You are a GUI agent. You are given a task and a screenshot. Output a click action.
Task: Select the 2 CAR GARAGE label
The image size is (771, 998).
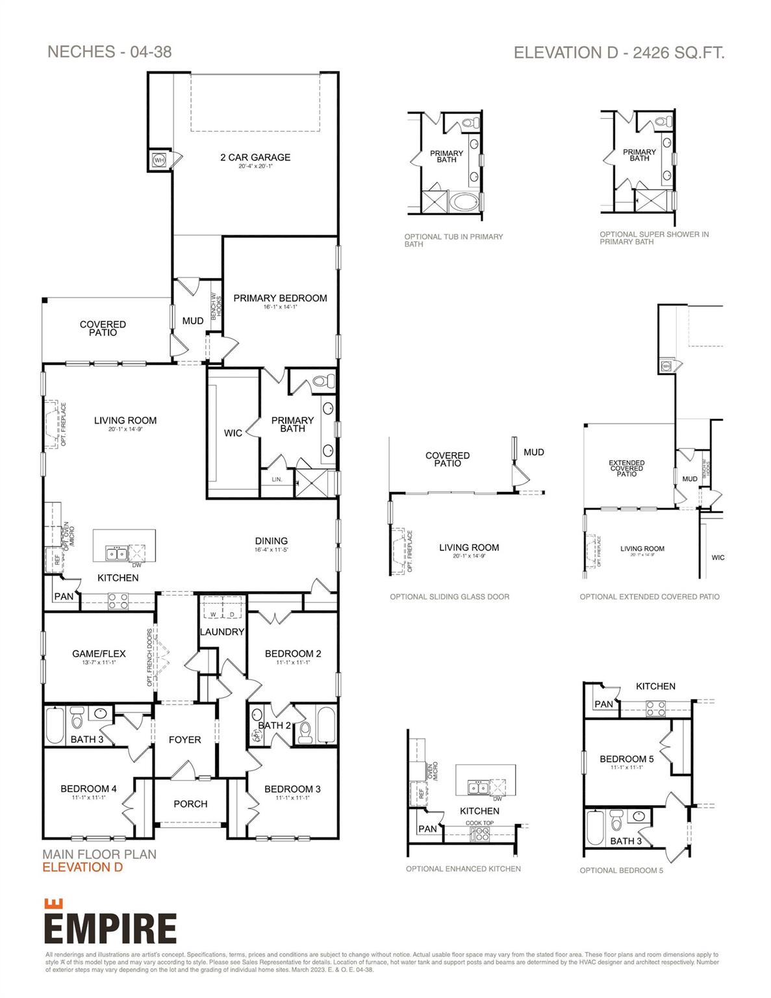tap(255, 157)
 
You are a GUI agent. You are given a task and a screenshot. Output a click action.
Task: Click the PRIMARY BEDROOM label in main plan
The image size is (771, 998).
tap(280, 298)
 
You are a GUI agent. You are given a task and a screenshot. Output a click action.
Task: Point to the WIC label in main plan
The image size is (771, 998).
tap(233, 433)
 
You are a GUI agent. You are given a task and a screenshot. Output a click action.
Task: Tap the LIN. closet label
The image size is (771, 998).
tap(277, 480)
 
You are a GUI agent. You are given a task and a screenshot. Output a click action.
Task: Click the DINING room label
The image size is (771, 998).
tap(271, 541)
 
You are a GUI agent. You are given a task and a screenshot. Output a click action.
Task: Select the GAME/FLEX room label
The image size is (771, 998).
tap(99, 654)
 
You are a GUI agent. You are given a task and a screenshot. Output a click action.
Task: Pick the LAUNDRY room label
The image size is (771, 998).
tap(221, 632)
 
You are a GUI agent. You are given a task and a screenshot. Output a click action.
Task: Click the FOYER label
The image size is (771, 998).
tap(184, 739)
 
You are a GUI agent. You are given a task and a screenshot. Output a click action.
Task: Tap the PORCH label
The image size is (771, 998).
tap(190, 804)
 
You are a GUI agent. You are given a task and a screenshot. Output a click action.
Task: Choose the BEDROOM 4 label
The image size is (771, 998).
tap(88, 789)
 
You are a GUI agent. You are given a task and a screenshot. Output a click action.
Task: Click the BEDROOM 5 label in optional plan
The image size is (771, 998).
tap(626, 759)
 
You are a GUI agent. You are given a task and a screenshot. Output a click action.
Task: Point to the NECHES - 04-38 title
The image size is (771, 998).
tap(109, 52)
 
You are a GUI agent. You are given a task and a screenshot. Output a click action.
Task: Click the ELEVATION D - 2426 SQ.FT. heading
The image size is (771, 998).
tap(618, 53)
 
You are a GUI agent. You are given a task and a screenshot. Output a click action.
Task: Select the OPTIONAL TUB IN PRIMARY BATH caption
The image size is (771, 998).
tap(453, 240)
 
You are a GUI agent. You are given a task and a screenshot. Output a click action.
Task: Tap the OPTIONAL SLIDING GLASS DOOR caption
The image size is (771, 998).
tap(449, 596)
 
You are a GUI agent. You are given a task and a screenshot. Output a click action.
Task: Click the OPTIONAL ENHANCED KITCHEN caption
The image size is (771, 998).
tap(463, 869)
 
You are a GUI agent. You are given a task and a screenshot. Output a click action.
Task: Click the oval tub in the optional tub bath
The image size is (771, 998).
tap(463, 201)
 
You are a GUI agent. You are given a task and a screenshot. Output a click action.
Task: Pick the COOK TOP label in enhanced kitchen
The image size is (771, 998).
tap(479, 823)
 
